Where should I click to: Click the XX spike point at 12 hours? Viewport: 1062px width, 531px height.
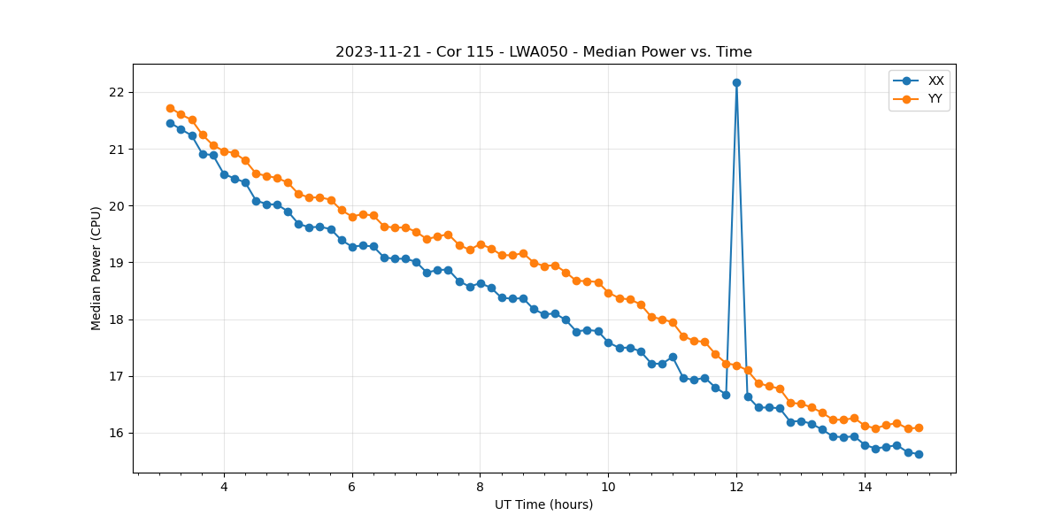736,82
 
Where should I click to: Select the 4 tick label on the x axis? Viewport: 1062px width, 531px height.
224,487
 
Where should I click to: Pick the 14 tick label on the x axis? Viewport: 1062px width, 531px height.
865,487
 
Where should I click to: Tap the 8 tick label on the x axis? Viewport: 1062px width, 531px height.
480,487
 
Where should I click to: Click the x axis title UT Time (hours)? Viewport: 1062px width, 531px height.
543,504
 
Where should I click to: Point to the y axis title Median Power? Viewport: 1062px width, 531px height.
96,268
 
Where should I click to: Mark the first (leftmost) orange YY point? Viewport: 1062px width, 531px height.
170,108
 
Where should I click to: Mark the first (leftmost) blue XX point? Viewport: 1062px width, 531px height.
170,123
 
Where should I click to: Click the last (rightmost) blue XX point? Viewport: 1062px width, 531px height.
919,454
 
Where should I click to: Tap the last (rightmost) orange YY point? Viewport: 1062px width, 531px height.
919,427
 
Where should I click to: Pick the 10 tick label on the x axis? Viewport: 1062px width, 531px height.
608,487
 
